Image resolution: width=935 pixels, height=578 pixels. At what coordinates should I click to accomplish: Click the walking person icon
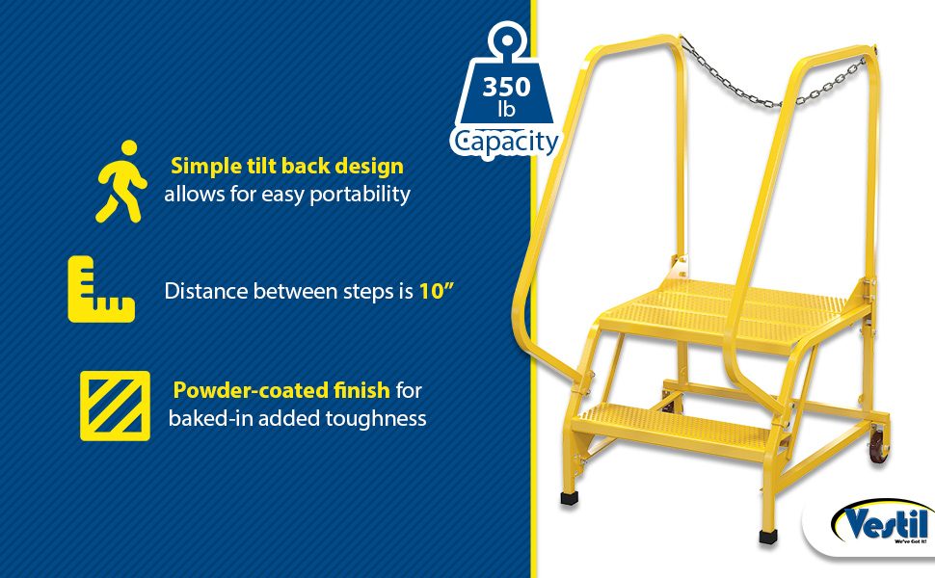coord(121,182)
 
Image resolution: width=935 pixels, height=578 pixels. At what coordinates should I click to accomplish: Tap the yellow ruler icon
coord(101,290)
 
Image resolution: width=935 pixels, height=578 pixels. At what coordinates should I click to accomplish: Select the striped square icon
coord(115,406)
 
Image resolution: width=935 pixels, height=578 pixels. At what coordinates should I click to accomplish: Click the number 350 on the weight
coord(506,87)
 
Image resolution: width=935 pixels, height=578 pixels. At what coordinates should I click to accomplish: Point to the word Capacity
coord(506,142)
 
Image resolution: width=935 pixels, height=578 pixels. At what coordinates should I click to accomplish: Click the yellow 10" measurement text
coord(437,291)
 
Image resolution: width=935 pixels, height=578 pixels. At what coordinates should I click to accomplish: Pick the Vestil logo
coord(880,524)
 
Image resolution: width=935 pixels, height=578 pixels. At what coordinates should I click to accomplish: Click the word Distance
coord(206,291)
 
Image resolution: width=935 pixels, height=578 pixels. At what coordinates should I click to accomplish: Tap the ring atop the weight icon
coord(507,39)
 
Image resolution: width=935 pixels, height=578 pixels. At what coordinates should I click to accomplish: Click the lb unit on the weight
coord(506,110)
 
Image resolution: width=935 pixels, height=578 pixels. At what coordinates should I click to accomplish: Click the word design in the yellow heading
coord(369,167)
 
